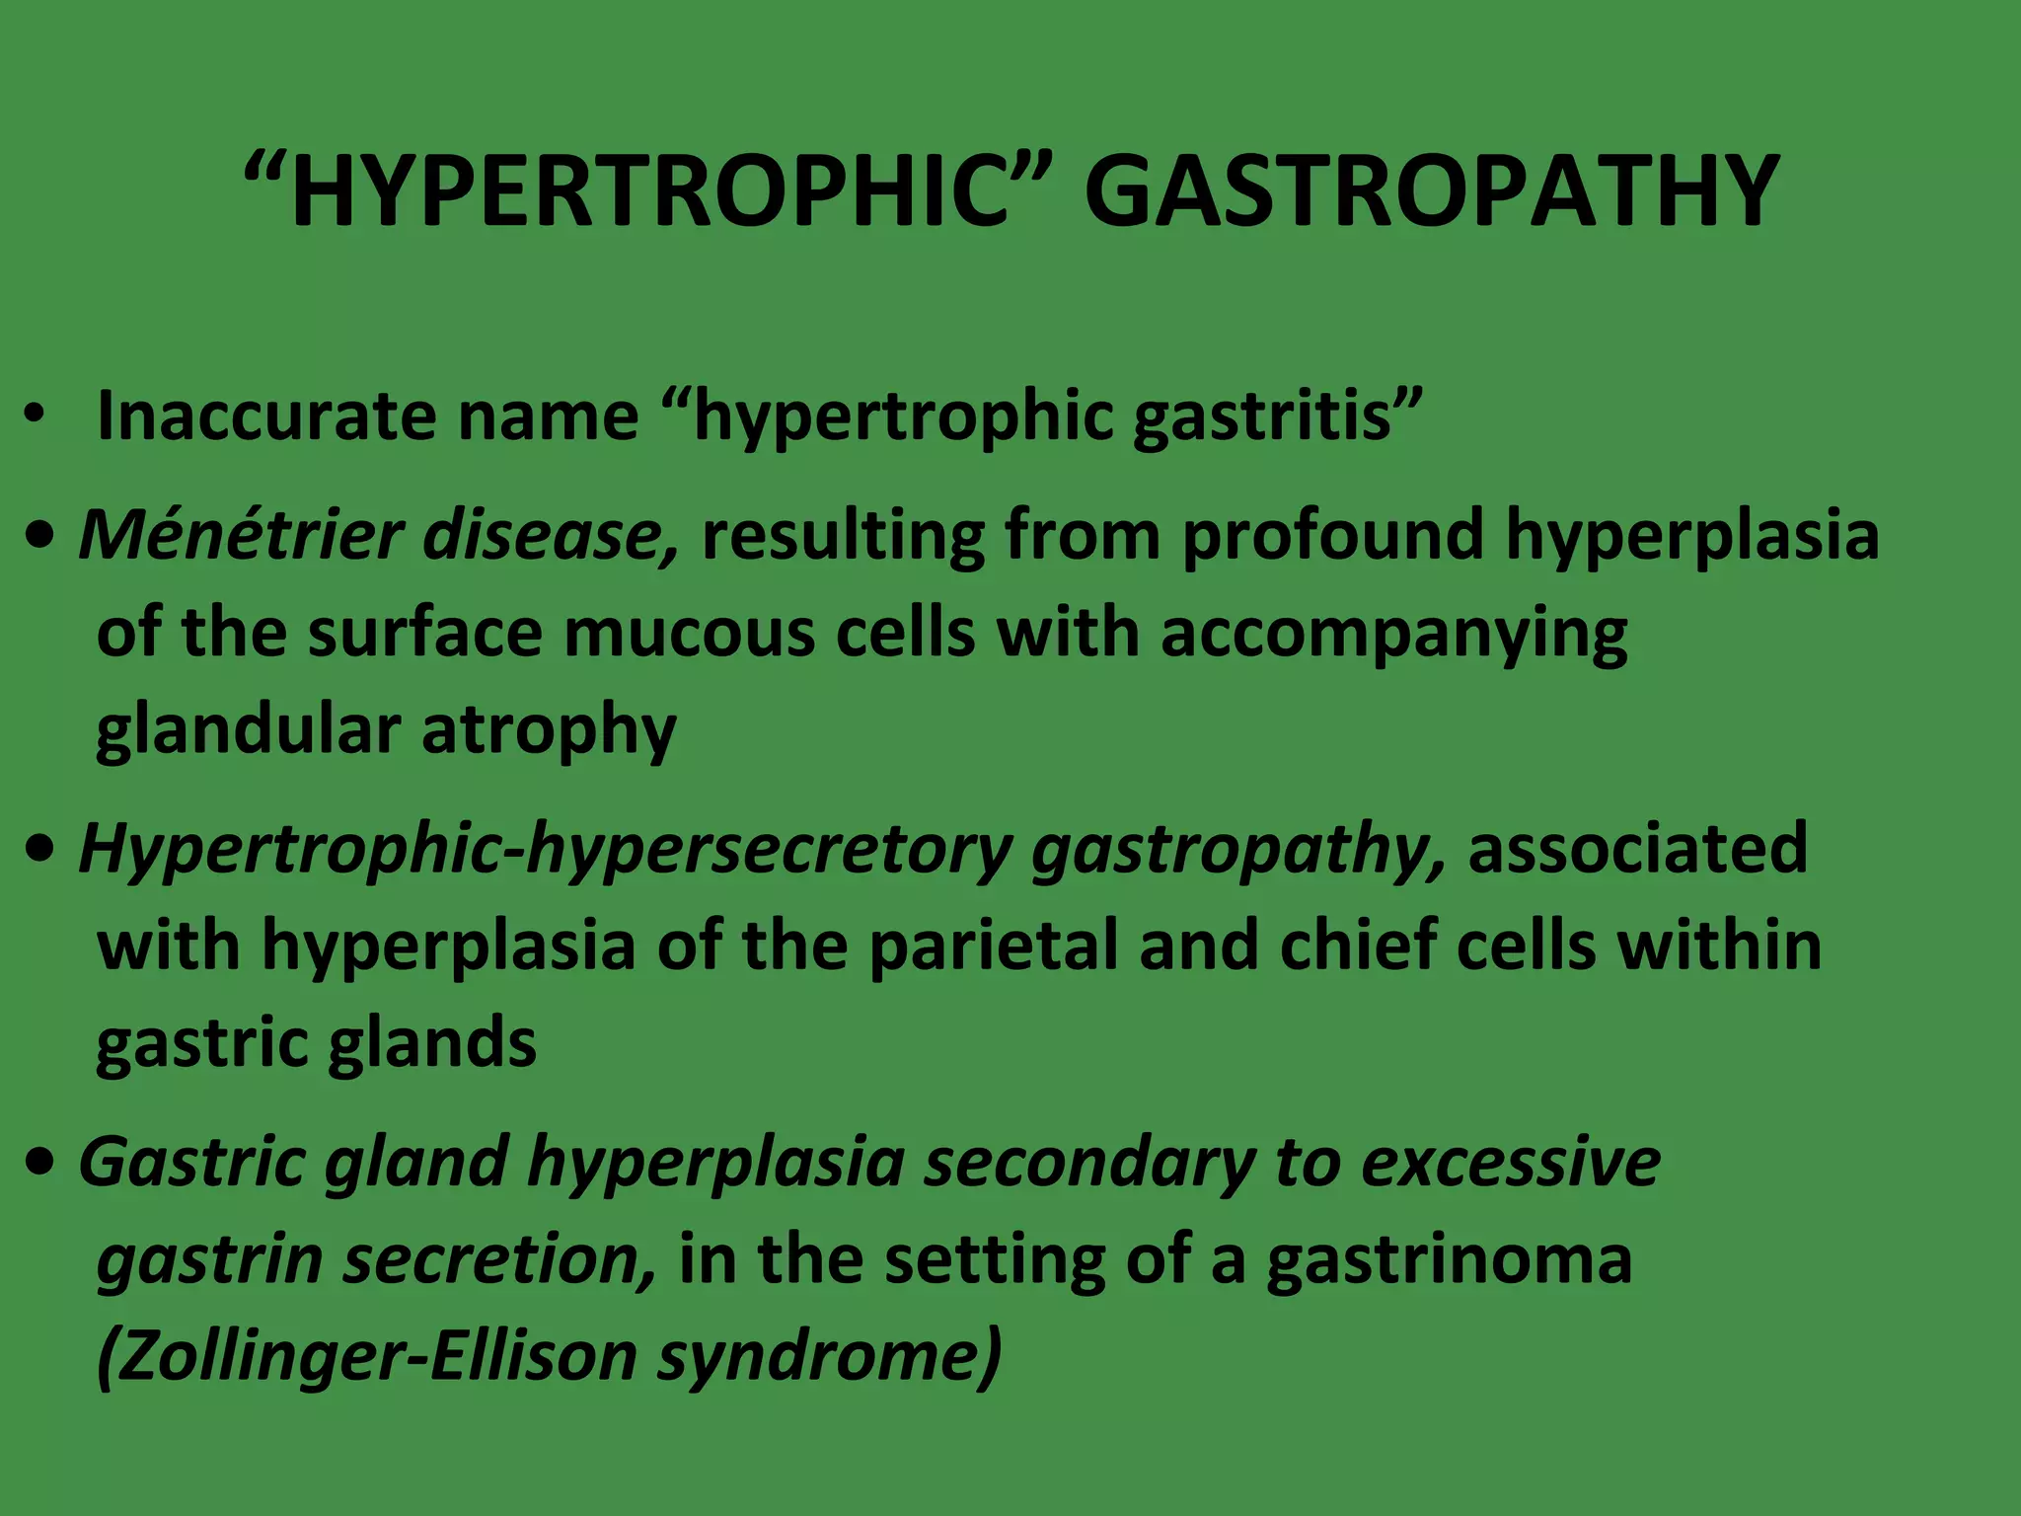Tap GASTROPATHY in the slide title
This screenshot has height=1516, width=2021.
1431,192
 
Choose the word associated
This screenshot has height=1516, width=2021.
1637,849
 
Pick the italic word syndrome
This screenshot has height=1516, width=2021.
829,1356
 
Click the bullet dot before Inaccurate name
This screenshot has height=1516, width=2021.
37,416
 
